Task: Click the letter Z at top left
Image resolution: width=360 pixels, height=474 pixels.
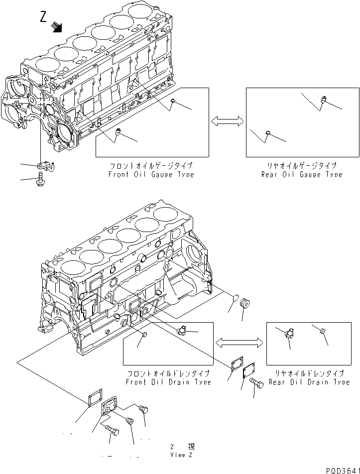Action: [x=44, y=18]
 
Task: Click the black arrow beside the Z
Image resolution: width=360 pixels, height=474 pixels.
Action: [x=58, y=27]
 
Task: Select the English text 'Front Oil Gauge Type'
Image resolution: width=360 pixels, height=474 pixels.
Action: [x=151, y=175]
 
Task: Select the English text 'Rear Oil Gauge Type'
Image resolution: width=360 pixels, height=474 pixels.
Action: [x=302, y=175]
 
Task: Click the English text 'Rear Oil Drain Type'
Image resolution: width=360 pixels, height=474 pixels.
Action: [x=309, y=382]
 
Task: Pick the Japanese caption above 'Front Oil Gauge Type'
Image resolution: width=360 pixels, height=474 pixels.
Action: [x=151, y=166]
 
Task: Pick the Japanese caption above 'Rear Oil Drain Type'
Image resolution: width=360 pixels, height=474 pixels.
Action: [x=309, y=373]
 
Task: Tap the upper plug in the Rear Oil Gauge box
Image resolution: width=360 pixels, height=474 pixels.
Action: [x=323, y=100]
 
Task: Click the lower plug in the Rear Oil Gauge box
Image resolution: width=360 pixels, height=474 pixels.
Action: [x=268, y=132]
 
